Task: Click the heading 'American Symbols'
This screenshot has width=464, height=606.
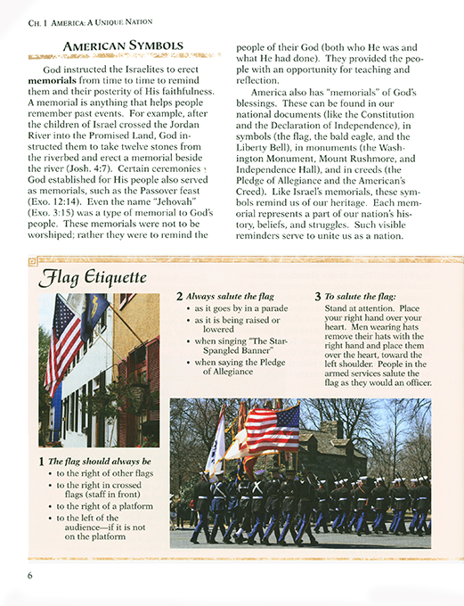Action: [x=124, y=45]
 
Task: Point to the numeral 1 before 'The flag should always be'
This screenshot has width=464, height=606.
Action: [x=41, y=461]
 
